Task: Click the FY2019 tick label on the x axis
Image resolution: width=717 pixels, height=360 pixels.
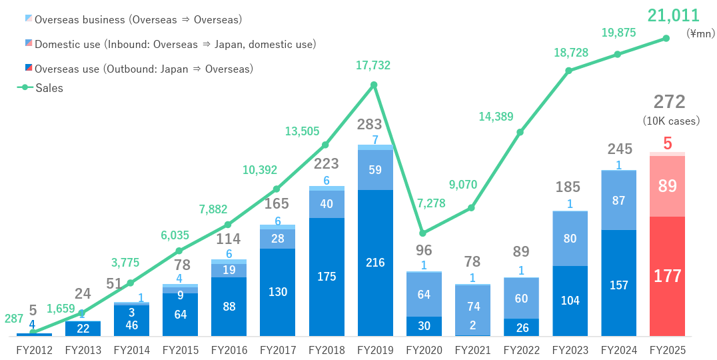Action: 374,349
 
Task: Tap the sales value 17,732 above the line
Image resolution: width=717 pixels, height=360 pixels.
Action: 373,65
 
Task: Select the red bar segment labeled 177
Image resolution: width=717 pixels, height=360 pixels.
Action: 667,276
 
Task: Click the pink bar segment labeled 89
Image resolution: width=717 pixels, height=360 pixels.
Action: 667,186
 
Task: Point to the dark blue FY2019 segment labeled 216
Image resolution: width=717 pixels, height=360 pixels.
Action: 375,263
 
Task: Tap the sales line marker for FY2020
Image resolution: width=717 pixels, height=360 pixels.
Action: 422,233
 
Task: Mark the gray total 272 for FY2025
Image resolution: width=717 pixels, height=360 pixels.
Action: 669,102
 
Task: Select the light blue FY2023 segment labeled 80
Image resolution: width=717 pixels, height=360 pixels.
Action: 570,238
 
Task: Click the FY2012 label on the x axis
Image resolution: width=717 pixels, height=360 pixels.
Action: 33,349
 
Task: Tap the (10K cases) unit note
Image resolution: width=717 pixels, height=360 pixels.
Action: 671,121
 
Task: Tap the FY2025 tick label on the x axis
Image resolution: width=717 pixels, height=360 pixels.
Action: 667,349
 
